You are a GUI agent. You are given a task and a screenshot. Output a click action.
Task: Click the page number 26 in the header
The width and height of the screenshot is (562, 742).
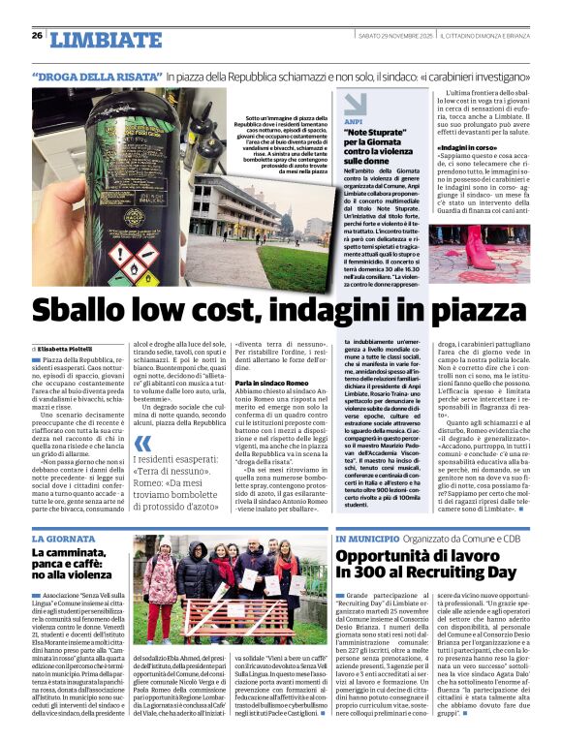pos(37,36)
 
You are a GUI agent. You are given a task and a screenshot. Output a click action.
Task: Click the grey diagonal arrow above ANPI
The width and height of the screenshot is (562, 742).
pos(355,103)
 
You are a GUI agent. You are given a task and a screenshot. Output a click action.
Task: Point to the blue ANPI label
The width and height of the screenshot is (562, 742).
pos(353,123)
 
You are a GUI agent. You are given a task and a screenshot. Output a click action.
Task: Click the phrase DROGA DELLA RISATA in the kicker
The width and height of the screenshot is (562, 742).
pos(96,76)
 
